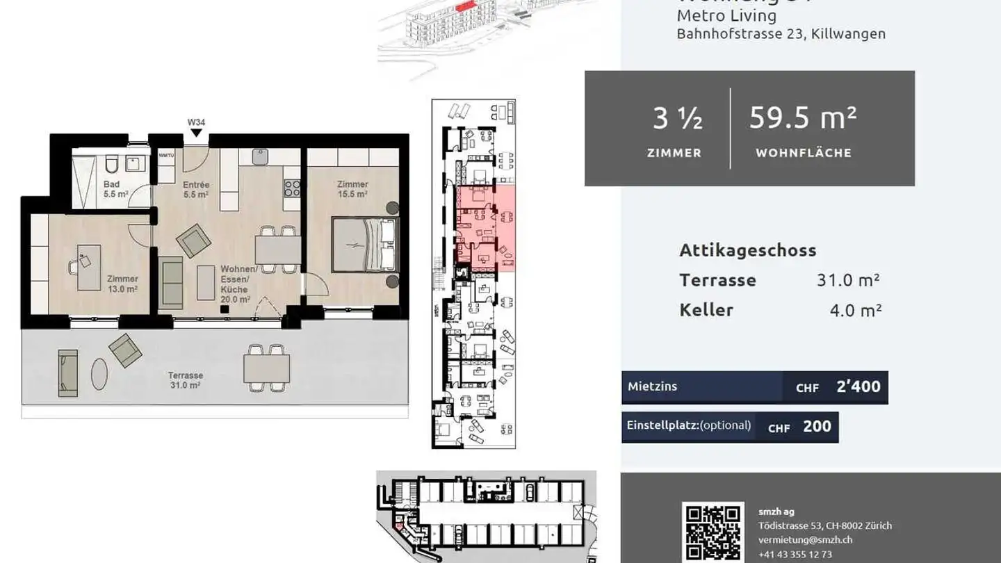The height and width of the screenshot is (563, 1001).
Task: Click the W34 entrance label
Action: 196,122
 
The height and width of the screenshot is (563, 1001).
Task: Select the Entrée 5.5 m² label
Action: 196,190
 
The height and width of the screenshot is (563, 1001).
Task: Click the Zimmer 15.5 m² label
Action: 352,189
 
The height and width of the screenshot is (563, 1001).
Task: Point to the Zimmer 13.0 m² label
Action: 122,284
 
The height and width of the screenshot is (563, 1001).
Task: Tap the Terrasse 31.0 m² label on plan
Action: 185,380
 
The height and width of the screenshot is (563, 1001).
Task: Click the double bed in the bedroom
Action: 364,245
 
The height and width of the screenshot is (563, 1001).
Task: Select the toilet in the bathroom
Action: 111,165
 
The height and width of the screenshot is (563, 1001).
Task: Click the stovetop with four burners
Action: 292,188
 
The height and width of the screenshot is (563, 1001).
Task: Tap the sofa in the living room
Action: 170,282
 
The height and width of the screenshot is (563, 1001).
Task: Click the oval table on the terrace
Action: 99,374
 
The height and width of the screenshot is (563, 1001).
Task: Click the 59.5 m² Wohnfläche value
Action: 803,118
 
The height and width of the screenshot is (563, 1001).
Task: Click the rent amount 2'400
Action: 858,387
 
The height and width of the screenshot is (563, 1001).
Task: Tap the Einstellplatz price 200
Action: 817,427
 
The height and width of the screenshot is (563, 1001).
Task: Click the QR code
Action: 713,532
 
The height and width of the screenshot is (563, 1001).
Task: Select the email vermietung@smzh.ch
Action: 805,539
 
